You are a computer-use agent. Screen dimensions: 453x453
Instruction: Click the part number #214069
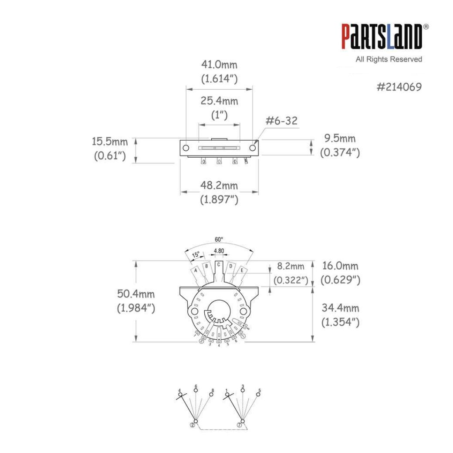tap(399, 87)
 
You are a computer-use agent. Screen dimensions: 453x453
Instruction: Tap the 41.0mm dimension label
tap(219, 65)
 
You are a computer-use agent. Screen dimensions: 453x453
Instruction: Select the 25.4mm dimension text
tap(219, 101)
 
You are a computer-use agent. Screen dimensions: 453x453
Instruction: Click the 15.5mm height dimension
tap(110, 142)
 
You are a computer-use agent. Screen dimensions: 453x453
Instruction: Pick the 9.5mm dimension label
tap(340, 139)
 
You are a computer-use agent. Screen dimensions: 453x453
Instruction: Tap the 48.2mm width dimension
tap(219, 186)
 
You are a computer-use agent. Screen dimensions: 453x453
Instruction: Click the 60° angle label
tap(219, 240)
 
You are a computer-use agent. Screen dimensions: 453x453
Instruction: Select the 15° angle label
tap(197, 254)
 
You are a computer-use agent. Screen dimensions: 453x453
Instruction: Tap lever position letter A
tap(196, 270)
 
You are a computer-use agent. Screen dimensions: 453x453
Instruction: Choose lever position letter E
tap(242, 270)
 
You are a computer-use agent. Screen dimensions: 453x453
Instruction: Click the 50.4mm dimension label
tap(136, 294)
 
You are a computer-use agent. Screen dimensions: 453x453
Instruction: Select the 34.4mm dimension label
tap(340, 308)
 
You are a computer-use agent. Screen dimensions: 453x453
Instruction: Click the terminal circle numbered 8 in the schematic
tap(212, 395)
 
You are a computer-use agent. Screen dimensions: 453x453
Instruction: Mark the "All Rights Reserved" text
tap(389, 59)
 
